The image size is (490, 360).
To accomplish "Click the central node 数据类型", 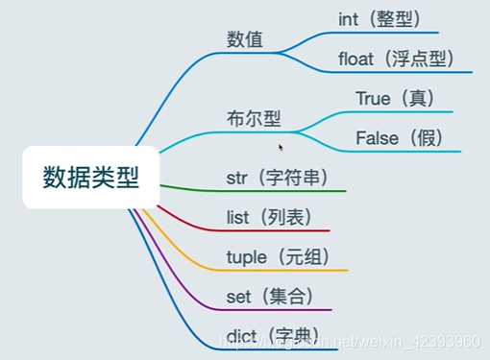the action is tap(90, 178).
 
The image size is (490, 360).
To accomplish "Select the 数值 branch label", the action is tap(245, 39).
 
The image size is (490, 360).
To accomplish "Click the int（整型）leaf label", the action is tap(380, 18).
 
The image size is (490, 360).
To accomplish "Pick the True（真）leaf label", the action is tap(395, 98).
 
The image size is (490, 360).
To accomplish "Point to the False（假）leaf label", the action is tap(399, 138).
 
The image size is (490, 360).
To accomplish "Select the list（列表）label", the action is tap(270, 217).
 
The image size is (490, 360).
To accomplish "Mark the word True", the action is tap(373, 98).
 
